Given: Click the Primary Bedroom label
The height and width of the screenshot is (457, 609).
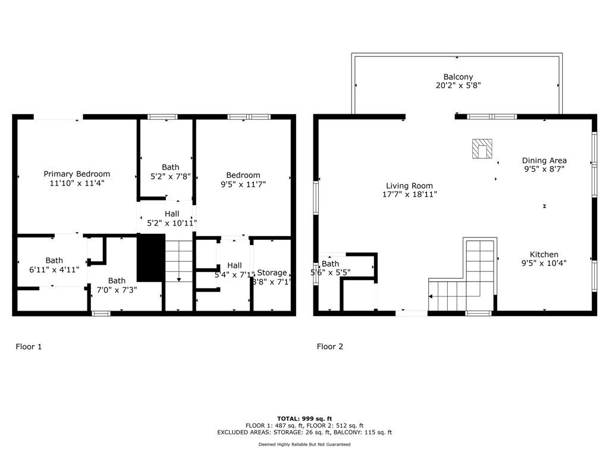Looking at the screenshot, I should (77, 174).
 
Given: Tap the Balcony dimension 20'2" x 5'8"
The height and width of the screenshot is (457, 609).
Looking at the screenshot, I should (458, 85).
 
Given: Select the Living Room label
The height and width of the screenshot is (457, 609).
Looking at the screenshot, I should (409, 186).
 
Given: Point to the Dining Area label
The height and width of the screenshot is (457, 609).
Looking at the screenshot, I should (544, 160).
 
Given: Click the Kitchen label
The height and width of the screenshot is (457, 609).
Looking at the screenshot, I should (544, 254).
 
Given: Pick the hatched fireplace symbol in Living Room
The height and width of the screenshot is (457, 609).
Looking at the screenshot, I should (482, 149).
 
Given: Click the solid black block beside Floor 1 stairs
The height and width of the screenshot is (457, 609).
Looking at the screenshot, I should (150, 257).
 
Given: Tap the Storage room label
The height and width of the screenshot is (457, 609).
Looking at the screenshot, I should (272, 273).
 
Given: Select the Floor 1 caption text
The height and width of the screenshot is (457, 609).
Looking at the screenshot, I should (29, 346).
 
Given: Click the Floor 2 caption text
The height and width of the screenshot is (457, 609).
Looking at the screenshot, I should (330, 346).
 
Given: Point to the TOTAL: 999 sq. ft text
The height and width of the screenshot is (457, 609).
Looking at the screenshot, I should (304, 418).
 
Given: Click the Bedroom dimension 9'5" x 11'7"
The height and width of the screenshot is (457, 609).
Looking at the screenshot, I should (243, 184).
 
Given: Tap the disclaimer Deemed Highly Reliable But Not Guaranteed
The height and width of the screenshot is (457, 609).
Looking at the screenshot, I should (304, 445).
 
